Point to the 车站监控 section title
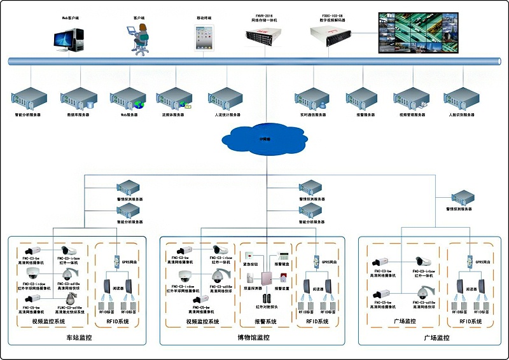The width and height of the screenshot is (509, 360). click(x=78, y=338)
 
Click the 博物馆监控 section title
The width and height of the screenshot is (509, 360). click(x=254, y=338)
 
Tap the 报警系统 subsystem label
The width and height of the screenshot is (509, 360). click(x=265, y=322)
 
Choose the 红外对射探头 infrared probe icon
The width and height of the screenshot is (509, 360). click(x=265, y=297)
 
